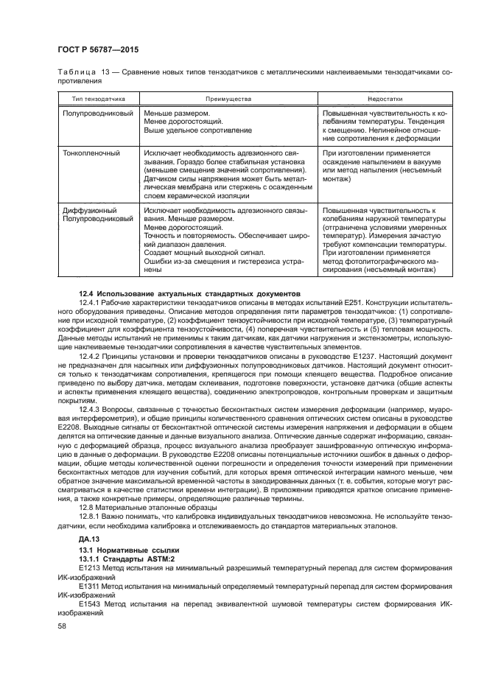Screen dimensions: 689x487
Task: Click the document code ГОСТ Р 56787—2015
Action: point(98,50)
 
